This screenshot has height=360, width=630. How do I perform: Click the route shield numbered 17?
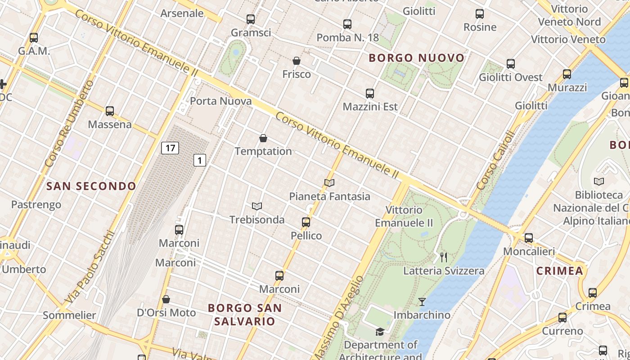point(170,148)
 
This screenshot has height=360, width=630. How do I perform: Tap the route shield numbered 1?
point(200,160)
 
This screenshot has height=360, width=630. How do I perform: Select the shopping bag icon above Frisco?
point(297,61)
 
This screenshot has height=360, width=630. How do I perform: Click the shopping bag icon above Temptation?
point(263,138)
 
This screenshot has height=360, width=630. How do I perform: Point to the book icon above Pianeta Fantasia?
point(329,183)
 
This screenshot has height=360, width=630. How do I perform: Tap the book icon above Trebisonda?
point(257,206)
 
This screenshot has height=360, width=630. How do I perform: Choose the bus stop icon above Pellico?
point(306,222)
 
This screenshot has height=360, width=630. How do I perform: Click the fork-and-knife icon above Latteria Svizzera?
point(444,257)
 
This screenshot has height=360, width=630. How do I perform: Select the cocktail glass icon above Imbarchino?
point(422,301)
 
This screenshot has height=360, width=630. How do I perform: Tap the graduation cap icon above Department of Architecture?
point(380,332)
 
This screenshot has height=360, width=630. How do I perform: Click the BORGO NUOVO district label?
point(417,58)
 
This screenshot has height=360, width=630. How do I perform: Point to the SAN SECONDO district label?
point(91,186)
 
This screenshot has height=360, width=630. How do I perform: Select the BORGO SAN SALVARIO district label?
point(245,315)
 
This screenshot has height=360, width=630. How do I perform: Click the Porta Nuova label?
point(221,101)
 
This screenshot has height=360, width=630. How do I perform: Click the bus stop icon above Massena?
point(109,111)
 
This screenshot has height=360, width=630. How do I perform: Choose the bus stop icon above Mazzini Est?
point(370,94)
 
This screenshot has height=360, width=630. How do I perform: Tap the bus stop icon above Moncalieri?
point(529,238)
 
